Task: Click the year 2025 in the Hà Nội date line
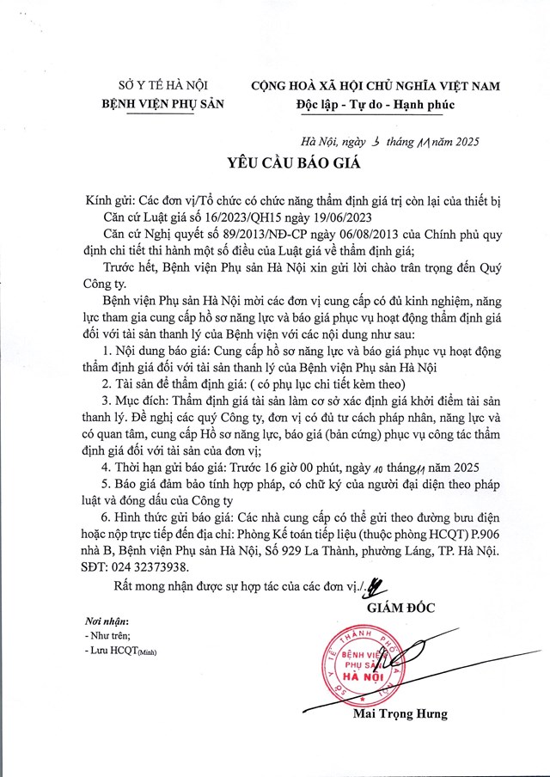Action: click(x=463, y=141)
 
